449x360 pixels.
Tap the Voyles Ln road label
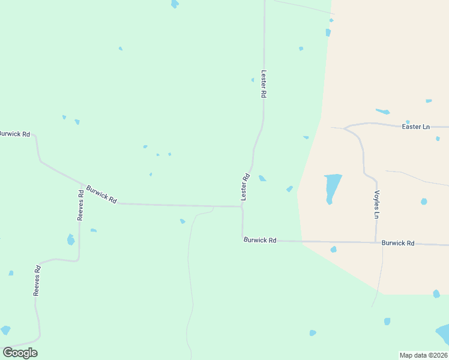pyautogui.click(x=377, y=205)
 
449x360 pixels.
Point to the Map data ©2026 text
pyautogui.click(x=423, y=355)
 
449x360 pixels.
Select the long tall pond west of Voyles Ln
pyautogui.click(x=332, y=187)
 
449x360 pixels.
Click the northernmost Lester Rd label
pyautogui.click(x=263, y=85)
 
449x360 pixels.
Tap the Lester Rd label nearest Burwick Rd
pyautogui.click(x=245, y=187)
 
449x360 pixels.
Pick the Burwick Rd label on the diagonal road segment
pyautogui.click(x=101, y=193)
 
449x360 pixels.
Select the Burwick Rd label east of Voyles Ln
pyautogui.click(x=398, y=243)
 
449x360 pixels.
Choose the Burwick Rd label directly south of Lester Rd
pyautogui.click(x=260, y=240)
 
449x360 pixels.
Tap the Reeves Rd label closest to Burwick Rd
pyautogui.click(x=80, y=205)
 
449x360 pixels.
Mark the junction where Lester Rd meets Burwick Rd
pyautogui.click(x=242, y=206)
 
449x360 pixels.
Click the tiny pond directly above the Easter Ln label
pyautogui.click(x=408, y=122)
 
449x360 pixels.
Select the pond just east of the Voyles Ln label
pyautogui.click(x=424, y=201)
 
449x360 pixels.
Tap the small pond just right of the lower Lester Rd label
pyautogui.click(x=262, y=178)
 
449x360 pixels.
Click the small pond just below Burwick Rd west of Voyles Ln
pyautogui.click(x=333, y=249)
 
